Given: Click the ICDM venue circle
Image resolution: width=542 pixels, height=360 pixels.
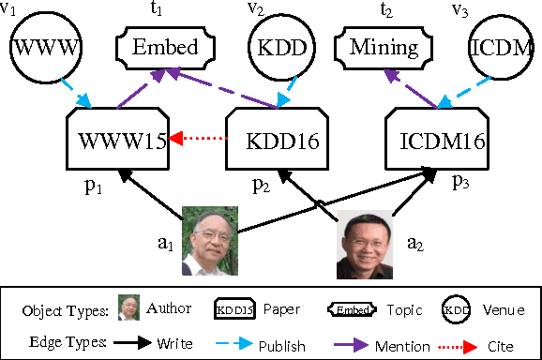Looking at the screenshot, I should (x=504, y=47).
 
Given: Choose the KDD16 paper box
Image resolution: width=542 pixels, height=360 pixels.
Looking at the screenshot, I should (x=277, y=141).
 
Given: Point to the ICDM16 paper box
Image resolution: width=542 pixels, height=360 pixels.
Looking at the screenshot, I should (x=435, y=141).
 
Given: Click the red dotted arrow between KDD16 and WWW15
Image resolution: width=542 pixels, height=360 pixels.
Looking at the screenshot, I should (x=198, y=142).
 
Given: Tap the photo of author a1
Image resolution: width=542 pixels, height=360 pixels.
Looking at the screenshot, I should (x=209, y=240).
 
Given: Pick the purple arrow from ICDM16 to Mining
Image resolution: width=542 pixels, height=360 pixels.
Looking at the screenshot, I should (x=417, y=91).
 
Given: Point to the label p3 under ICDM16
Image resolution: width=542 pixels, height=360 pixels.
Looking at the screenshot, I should (x=460, y=181).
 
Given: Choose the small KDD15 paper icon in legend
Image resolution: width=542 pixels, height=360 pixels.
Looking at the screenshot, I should (x=235, y=308).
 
